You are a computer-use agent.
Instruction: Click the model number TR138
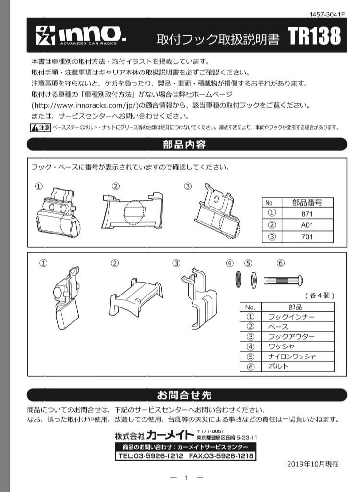pos(314,37)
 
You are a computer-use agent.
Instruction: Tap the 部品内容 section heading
pos(185,144)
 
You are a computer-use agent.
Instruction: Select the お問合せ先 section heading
pos(185,395)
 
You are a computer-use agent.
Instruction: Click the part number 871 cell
pos(307,214)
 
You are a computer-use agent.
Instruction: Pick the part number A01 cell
pos(307,225)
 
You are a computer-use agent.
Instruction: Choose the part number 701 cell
pos(307,236)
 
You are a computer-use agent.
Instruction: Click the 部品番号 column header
pos(307,203)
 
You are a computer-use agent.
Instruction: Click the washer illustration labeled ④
pos(238,279)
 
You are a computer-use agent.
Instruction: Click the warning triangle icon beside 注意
pos(34,128)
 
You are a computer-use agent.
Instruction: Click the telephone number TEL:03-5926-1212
pos(151,455)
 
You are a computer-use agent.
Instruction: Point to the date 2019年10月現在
pos(312,464)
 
